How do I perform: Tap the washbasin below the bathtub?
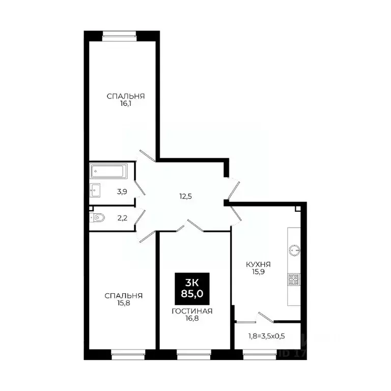pos(95,190)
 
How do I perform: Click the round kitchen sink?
pos(294,250)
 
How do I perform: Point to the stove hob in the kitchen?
pos(294,278)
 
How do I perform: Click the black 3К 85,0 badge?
pos(192,288)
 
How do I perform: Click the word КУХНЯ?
pos(258,265)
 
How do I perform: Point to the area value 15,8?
pos(123,303)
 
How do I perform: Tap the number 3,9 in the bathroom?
pos(122,192)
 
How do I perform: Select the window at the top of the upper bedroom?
pos(120,35)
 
